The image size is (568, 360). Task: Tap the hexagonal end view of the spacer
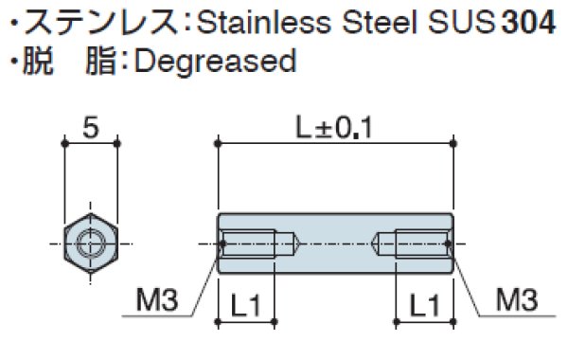point(91,243)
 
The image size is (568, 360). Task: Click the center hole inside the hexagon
point(91,243)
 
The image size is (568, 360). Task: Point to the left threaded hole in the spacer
point(251,243)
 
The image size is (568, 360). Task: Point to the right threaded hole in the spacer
point(418,243)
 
